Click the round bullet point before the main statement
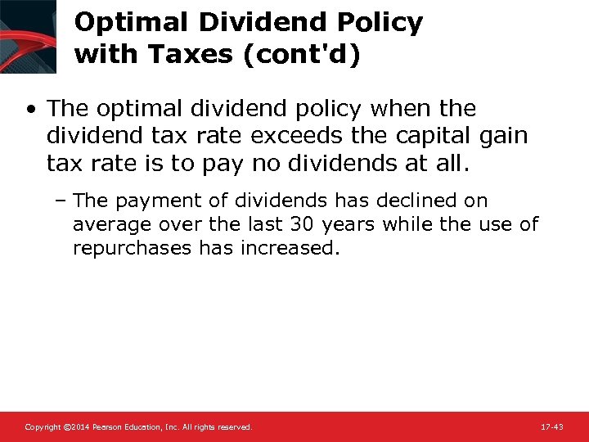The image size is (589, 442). pyautogui.click(x=30, y=109)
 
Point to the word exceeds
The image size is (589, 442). pyautogui.click(x=296, y=136)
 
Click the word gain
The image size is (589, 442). pyautogui.click(x=501, y=136)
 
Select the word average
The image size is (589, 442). pyautogui.click(x=106, y=224)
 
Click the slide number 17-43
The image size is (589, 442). pyautogui.click(x=552, y=427)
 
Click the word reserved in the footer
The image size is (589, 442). pyautogui.click(x=235, y=427)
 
